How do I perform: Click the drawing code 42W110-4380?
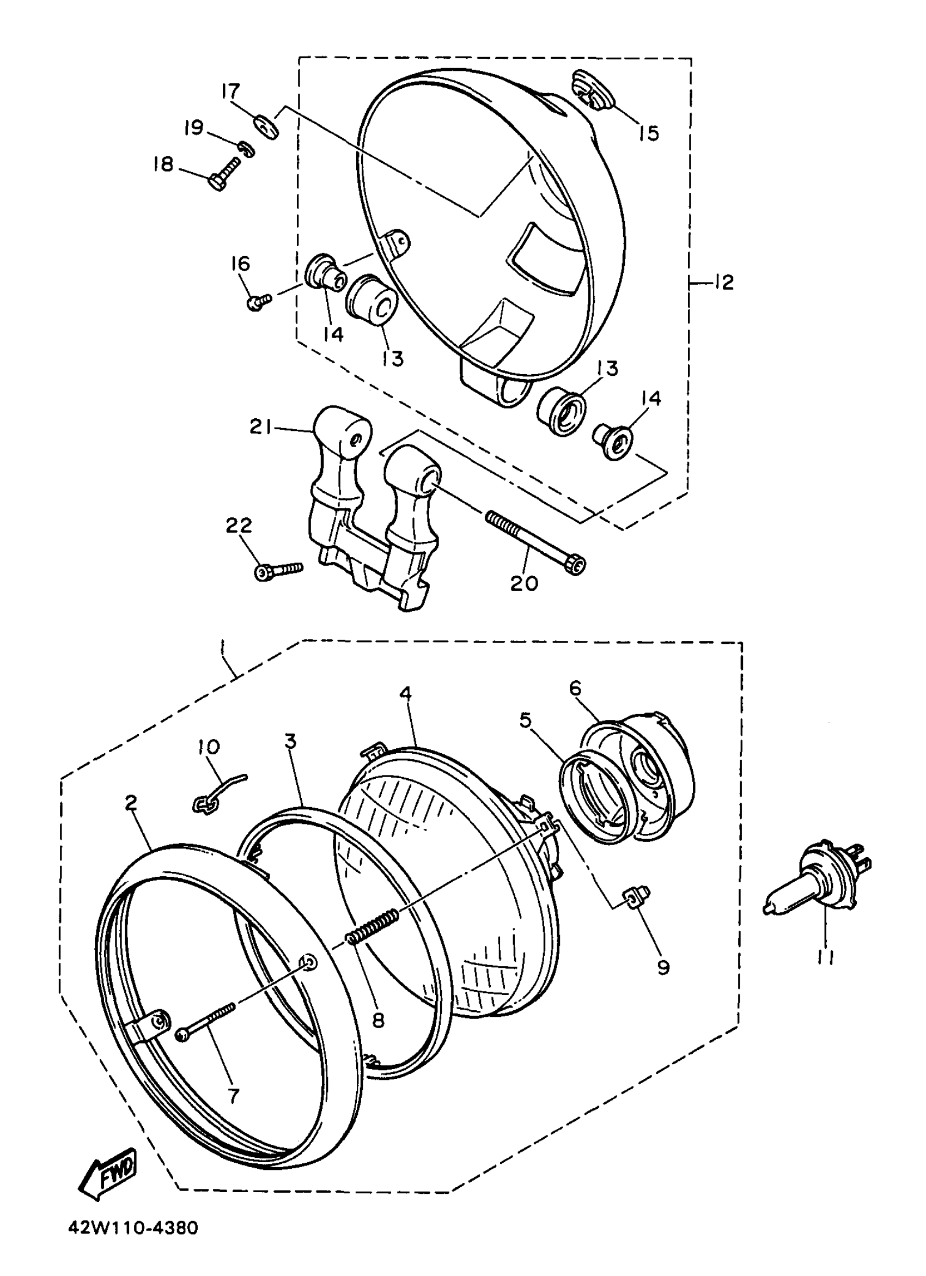(133, 1242)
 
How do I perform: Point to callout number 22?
(239, 526)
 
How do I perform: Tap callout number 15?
(648, 133)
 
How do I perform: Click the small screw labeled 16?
(258, 301)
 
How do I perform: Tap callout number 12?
(723, 282)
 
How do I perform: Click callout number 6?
(575, 688)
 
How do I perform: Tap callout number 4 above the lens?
(405, 694)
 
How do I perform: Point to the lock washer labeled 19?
(245, 149)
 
